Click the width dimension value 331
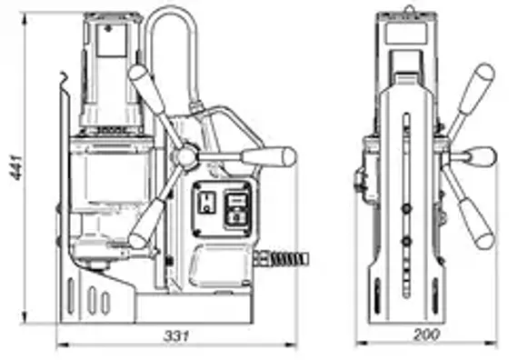click(176, 335)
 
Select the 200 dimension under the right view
click(426, 335)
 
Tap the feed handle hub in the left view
click(186, 158)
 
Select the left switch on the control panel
click(207, 205)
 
